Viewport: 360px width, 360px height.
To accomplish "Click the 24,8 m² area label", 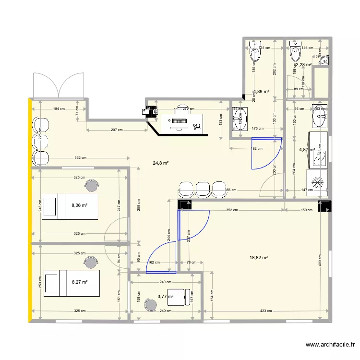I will (x=161, y=163).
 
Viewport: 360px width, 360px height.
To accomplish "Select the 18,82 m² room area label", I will (x=259, y=258).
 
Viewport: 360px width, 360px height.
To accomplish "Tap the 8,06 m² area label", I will (x=79, y=206).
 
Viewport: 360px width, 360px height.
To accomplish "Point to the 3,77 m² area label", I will (x=165, y=297).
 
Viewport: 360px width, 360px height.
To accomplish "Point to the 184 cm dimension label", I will (x=59, y=109).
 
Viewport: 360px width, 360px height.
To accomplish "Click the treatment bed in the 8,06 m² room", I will (x=70, y=206).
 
